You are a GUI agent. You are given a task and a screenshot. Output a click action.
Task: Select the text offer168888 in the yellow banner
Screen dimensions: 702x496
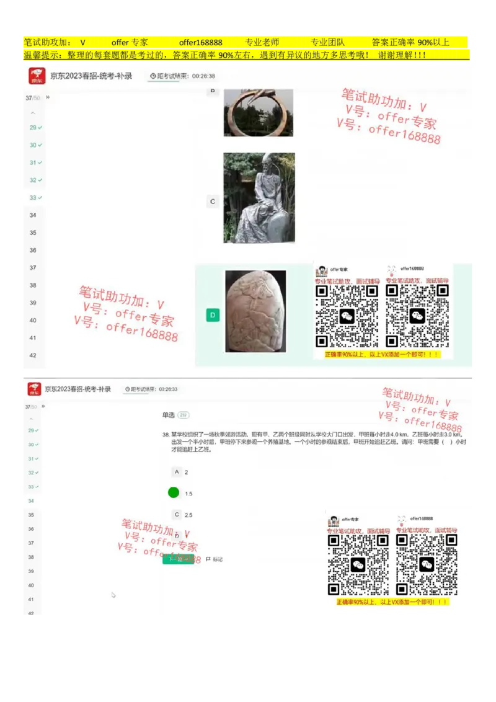pos(200,43)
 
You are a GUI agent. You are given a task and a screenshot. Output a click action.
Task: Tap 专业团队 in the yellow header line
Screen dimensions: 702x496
pos(327,43)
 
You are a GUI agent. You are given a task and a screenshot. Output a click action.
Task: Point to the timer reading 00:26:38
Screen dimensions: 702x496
pos(203,76)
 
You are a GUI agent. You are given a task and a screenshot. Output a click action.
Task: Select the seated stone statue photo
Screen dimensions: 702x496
pos(259,198)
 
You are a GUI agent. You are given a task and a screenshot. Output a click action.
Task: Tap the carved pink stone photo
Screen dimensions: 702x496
pos(255,311)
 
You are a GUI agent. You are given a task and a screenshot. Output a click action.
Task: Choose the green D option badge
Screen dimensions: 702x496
pos(213,315)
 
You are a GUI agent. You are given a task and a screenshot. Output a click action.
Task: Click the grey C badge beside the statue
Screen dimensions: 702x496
pos(213,202)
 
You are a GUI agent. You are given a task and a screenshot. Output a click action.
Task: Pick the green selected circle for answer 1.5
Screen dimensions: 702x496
pos(174,492)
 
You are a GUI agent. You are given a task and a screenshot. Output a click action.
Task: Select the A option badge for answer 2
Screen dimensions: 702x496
pos(177,472)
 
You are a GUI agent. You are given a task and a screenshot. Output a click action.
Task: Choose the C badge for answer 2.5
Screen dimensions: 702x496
pos(177,514)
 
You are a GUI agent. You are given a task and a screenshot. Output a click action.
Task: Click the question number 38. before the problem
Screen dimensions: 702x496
pos(166,435)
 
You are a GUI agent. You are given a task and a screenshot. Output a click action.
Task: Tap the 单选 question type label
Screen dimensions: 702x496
pos(168,414)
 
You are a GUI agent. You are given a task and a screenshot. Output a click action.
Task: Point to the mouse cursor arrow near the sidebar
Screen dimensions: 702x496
pos(113,595)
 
